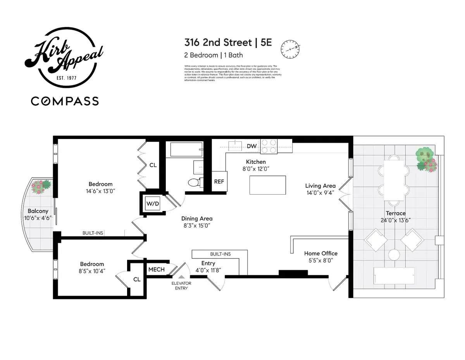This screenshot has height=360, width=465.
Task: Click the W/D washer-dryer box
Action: tap(153, 203)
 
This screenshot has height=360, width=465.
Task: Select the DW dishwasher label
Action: tap(251, 146)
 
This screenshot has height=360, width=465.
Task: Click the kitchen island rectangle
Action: tap(268, 185)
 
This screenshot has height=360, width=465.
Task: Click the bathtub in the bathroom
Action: tap(184, 149)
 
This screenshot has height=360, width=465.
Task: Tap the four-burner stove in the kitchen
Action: tap(269, 146)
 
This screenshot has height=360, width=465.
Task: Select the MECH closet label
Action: tap(157, 269)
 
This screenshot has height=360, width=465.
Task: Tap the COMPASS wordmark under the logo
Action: tap(65, 101)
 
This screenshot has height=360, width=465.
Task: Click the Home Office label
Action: tap(320, 253)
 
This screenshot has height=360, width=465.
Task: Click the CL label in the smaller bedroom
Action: tap(136, 279)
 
